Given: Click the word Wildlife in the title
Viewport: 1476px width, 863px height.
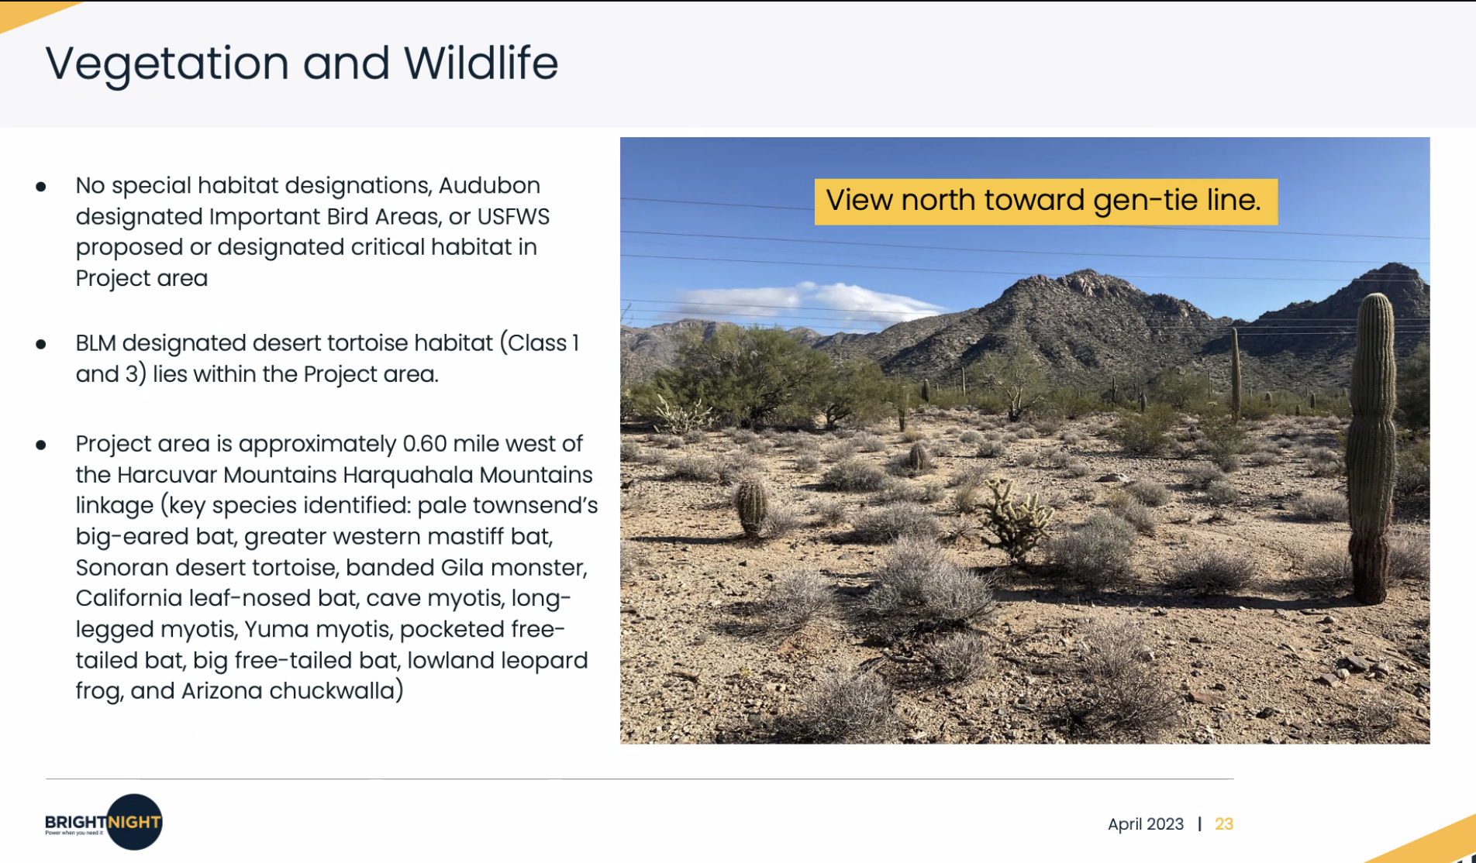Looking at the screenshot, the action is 481,63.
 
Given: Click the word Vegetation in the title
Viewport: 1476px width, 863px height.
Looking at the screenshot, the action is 167,64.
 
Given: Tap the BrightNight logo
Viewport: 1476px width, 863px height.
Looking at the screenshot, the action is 104,822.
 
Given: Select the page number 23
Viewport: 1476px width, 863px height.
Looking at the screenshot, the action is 1224,824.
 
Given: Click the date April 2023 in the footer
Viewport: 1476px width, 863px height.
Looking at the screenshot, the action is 1146,824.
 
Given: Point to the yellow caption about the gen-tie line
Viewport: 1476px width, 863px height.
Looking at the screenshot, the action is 1046,201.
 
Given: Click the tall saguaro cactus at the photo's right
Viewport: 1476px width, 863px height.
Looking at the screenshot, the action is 1372,448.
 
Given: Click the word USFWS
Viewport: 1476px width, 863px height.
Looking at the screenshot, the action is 513,217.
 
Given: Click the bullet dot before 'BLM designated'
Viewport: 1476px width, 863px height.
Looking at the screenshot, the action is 41,344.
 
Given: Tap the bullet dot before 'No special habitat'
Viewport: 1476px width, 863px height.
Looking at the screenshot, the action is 41,187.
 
